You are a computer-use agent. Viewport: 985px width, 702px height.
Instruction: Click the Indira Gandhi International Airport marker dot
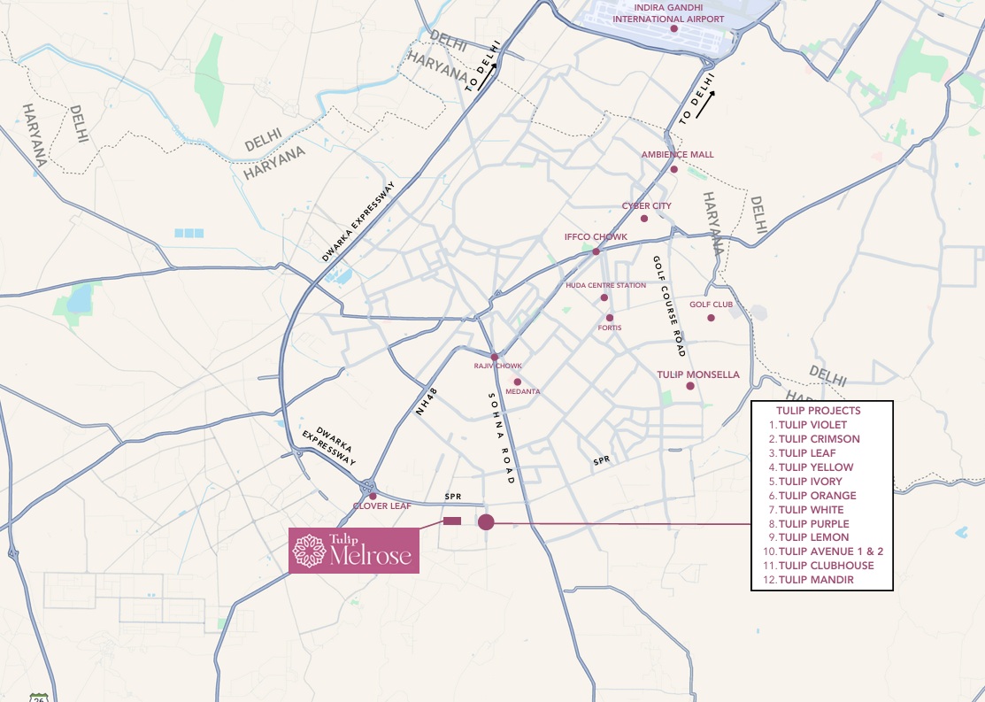673,29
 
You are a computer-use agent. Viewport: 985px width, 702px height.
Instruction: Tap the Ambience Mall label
677,155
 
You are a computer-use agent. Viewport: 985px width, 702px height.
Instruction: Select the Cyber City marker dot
644,219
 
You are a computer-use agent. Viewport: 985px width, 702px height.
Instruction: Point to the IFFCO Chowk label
596,237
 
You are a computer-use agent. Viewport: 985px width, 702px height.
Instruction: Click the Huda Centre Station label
605,285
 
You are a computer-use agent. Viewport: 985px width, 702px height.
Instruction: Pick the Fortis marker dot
609,317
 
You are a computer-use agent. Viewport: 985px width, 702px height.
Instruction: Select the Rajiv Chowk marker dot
494,357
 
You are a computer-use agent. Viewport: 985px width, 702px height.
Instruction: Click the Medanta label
522,391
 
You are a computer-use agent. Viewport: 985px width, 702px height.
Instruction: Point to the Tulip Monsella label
697,374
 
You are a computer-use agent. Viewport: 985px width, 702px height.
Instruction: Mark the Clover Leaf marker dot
373,496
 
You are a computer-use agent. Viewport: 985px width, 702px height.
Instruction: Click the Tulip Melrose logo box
354,551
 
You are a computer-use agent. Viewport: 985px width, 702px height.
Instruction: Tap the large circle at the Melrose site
486,522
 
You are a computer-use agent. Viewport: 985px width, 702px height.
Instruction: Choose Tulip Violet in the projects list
812,425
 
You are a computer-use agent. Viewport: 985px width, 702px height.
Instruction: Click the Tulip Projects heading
818,411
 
